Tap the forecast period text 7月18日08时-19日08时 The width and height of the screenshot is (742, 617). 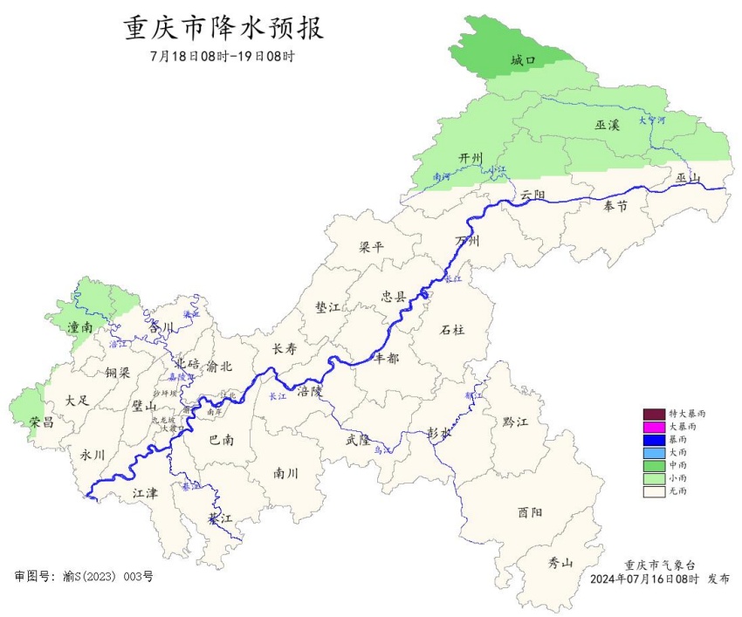[x=223, y=57]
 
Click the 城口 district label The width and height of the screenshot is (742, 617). [x=523, y=60]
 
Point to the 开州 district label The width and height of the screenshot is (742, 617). [x=471, y=157]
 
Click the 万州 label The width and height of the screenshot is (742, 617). [x=468, y=241]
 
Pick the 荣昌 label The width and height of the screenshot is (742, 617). [x=42, y=422]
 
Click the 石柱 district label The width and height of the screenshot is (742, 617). [x=452, y=329]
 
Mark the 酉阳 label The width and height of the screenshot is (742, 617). [x=530, y=512]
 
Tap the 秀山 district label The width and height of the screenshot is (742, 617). [x=560, y=562]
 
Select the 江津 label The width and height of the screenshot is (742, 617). [x=145, y=493]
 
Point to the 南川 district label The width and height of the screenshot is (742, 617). [x=285, y=474]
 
